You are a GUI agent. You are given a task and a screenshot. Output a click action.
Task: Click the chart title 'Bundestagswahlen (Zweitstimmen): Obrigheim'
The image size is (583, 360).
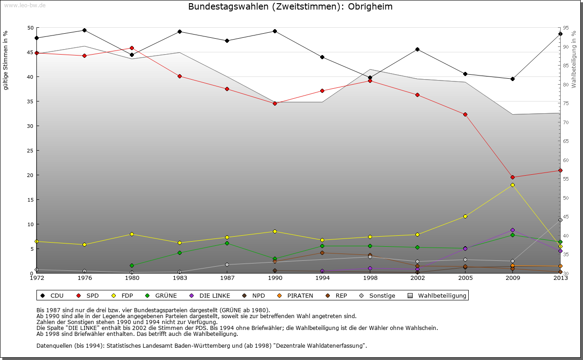(x=290, y=7)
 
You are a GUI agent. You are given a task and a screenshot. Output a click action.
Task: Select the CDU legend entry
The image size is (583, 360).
(x=57, y=296)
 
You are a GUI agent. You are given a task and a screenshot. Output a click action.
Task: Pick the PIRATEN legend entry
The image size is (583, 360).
(x=300, y=296)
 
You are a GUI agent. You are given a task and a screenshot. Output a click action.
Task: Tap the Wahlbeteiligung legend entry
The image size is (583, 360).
(x=442, y=296)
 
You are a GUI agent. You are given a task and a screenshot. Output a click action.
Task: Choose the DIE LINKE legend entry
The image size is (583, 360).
(x=215, y=296)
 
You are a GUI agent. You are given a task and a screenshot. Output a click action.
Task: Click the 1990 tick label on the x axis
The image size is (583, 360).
(x=275, y=278)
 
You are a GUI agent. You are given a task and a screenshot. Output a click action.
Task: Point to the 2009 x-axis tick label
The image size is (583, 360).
(x=512, y=278)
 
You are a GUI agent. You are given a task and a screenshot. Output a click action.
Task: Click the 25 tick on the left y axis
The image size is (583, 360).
(x=31, y=151)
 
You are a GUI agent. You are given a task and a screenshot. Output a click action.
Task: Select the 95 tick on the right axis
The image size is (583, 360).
(x=565, y=28)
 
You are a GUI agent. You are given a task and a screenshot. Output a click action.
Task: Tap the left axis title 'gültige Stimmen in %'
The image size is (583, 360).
(x=6, y=60)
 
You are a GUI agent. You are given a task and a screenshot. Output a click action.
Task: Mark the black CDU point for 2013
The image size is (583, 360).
(x=560, y=34)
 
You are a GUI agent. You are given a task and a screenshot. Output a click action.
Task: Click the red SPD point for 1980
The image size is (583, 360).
(x=132, y=48)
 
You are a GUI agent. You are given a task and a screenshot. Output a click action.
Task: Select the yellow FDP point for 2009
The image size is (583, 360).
(x=512, y=185)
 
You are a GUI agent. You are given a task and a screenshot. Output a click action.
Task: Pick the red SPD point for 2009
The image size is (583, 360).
(x=512, y=177)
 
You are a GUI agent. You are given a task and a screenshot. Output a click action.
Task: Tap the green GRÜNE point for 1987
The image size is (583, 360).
(x=227, y=243)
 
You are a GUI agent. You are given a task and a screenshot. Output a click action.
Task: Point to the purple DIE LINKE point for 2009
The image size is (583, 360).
(x=512, y=230)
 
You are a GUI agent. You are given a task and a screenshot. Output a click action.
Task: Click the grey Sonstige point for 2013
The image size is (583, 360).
(x=560, y=220)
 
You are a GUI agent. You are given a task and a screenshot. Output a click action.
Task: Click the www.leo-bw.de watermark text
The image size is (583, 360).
(x=25, y=5)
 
